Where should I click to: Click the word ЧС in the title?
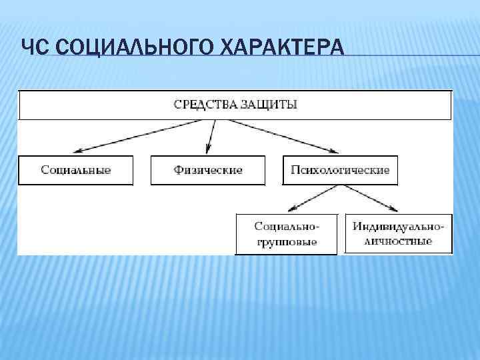tap(31, 49)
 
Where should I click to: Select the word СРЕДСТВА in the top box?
tap(205, 105)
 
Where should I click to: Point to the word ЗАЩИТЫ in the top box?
tap(268, 105)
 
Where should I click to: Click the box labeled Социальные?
tap(75, 170)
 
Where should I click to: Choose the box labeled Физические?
tap(208, 170)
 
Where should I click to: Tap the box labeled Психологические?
tap(340, 170)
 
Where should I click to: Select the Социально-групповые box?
tap(287, 233)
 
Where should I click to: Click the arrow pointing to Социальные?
tap(133, 137)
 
